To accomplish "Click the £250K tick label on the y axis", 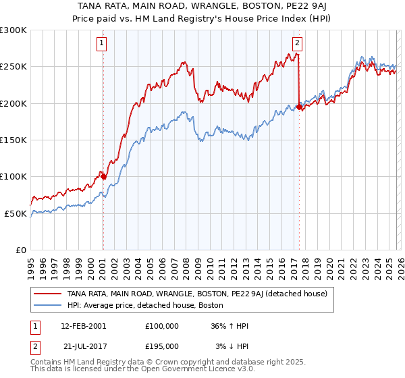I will [13, 67].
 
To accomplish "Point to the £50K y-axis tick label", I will [16, 213].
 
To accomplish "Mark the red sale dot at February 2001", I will [103, 176].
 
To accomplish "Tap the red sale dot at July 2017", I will [299, 107].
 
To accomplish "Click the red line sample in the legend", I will [48, 294].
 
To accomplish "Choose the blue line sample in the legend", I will [48, 304].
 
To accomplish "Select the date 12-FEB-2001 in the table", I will [83, 326].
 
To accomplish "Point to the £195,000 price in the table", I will [162, 346].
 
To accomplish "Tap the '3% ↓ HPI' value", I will [232, 346].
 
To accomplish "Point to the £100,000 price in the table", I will [162, 326].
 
